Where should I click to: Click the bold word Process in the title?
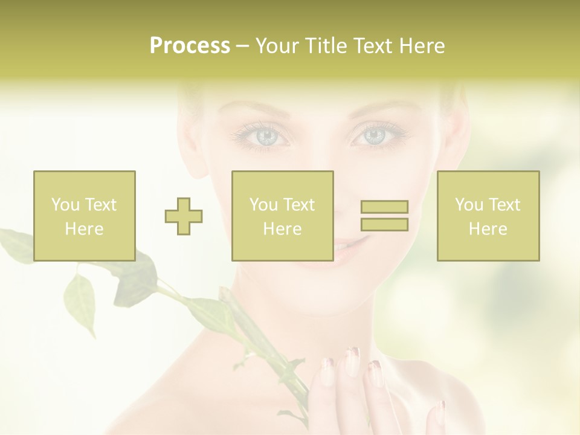pyautogui.click(x=190, y=46)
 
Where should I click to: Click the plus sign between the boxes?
pyautogui.click(x=184, y=216)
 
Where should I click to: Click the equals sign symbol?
pyautogui.click(x=384, y=216)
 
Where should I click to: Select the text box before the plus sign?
pyautogui.click(x=85, y=216)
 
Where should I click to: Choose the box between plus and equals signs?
pyautogui.click(x=282, y=216)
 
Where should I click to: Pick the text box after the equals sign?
pyautogui.click(x=488, y=216)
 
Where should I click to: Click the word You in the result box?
pyautogui.click(x=469, y=205)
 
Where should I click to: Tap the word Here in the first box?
pyautogui.click(x=85, y=229)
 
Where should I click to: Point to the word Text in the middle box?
pyautogui.click(x=299, y=205)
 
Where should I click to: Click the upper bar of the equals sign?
pyautogui.click(x=384, y=207)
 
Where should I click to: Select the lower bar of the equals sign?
pyautogui.click(x=384, y=225)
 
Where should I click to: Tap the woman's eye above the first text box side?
pyautogui.click(x=265, y=136)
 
